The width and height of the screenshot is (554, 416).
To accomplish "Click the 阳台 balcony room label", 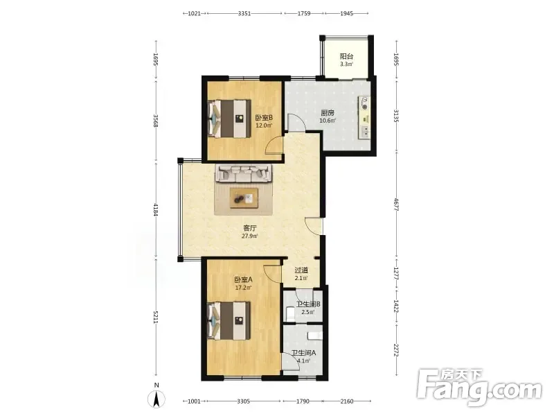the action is click(347, 56).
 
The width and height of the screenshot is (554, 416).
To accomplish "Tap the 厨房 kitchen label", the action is click(328, 113).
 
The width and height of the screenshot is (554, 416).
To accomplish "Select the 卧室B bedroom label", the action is click(264, 118).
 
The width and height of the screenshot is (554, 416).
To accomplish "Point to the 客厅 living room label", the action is click(249, 228).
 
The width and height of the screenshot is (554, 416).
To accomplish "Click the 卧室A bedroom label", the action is click(244, 280).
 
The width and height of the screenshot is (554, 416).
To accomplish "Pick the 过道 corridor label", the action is click(301, 270).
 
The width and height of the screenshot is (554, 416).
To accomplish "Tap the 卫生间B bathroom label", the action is click(308, 304).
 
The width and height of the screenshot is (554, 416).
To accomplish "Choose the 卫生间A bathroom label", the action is click(303, 353).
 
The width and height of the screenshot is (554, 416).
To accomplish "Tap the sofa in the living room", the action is click(244, 173).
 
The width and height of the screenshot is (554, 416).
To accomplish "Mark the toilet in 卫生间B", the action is click(290, 313).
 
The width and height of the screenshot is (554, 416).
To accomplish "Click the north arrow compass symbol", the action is click(157, 399).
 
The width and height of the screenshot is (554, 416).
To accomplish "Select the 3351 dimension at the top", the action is click(244, 13).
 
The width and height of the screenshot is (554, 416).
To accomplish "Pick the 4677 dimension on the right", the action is click(396, 204).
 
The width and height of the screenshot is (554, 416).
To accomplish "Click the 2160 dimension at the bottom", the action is click(347, 401).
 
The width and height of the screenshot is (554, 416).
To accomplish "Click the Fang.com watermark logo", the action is click(479, 389).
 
